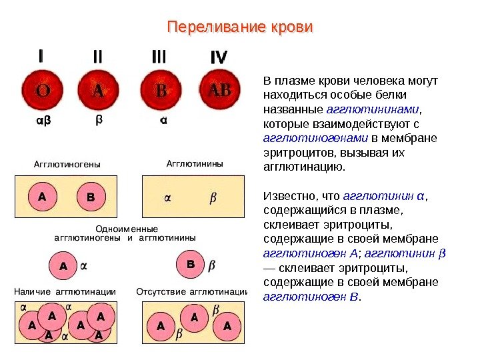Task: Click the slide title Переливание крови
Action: click(x=239, y=29)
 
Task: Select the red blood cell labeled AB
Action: click(x=219, y=90)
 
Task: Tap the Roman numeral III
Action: click(x=159, y=58)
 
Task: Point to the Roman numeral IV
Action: click(x=218, y=58)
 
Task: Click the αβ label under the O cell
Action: click(x=41, y=121)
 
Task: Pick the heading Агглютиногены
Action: click(x=63, y=163)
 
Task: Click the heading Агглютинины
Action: click(x=194, y=163)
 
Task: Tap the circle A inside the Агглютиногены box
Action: click(x=42, y=197)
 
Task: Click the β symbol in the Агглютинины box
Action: click(x=213, y=198)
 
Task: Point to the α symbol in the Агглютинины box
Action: click(x=167, y=198)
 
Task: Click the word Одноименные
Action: click(x=123, y=228)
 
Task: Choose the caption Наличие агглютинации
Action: click(x=65, y=291)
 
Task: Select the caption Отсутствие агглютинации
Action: click(x=192, y=291)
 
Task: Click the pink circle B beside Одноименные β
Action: click(x=190, y=265)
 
